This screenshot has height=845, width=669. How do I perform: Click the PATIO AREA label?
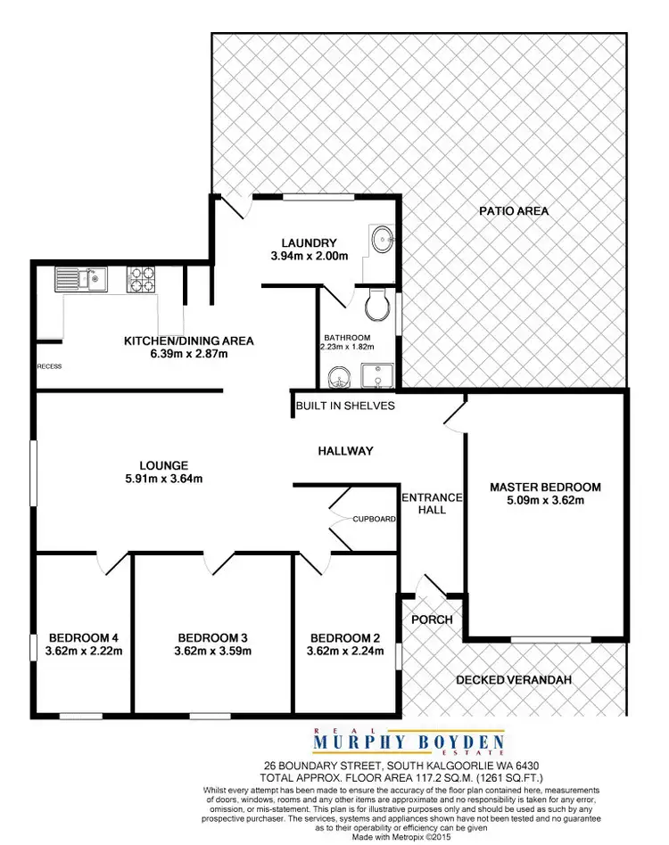(x=514, y=211)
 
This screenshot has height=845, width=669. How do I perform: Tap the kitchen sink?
(x=80, y=280)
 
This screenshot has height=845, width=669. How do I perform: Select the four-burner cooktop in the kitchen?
(x=142, y=280)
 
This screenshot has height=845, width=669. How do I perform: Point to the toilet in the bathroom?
(x=378, y=305)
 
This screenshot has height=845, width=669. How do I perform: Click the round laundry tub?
(x=383, y=239)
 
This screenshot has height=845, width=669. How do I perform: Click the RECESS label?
(x=49, y=366)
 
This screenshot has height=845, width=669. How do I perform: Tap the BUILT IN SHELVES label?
(x=345, y=406)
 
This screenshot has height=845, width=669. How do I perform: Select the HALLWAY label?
(x=345, y=451)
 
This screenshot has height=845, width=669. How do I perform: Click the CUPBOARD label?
(x=374, y=519)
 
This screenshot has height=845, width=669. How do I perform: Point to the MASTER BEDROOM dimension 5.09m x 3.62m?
(x=545, y=501)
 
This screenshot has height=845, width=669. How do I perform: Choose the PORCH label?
(x=432, y=619)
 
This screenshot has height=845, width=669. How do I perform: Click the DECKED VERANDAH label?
(x=513, y=680)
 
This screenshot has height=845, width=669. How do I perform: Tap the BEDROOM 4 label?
(x=84, y=637)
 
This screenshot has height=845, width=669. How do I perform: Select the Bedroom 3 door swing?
(x=218, y=563)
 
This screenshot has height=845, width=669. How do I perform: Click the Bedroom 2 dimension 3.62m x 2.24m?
(x=345, y=652)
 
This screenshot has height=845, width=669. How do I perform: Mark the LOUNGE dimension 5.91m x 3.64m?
(x=164, y=479)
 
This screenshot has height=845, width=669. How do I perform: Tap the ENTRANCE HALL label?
(x=432, y=504)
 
